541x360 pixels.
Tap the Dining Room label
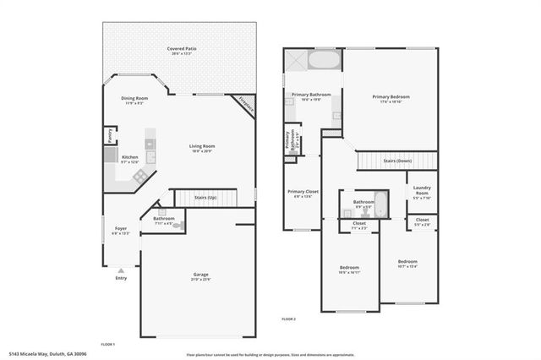click(135, 99)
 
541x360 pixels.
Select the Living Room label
click(202, 147)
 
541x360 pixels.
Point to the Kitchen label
click(129, 158)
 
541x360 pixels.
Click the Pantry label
click(110, 134)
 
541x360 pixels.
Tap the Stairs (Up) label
click(205, 197)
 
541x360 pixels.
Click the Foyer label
click(122, 228)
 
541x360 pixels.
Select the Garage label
click(200, 275)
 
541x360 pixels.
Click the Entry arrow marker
click(121, 270)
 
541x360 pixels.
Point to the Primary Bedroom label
click(391, 97)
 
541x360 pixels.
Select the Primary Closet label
click(301, 192)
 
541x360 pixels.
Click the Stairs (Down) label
click(397, 161)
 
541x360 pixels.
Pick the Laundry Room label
click(421, 191)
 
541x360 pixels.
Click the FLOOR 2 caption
click(290, 319)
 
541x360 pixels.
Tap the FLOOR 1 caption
click(107, 345)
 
